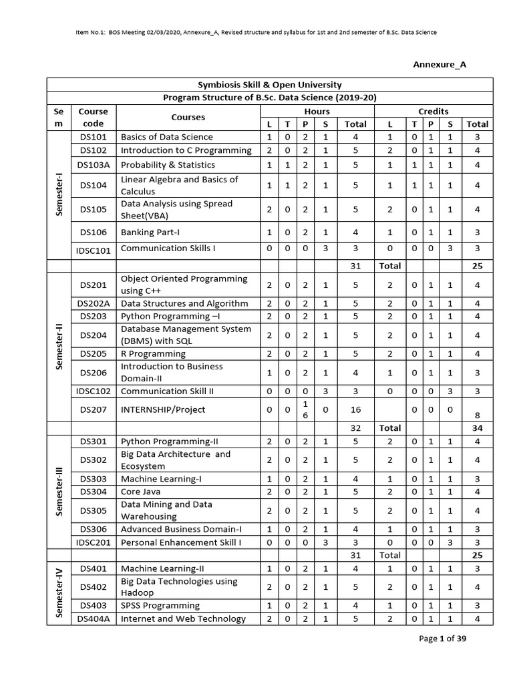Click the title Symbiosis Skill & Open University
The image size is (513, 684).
click(269, 85)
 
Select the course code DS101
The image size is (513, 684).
click(93, 136)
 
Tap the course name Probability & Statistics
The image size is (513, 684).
click(168, 164)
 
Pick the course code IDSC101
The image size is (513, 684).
click(93, 250)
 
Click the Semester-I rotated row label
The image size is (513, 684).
click(59, 193)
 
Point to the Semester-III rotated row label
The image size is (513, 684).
click(59, 491)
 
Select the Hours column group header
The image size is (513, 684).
click(317, 111)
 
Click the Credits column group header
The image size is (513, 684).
click(433, 111)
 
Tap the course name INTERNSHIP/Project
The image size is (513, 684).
click(163, 409)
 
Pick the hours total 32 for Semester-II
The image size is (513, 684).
click(355, 427)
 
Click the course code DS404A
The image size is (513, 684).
click(93, 619)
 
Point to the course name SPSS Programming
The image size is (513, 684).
click(160, 605)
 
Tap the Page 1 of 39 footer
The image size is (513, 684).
click(446, 639)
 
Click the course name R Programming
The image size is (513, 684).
click(153, 353)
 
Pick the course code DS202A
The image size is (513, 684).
click(93, 303)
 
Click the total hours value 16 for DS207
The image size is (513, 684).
click(355, 409)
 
